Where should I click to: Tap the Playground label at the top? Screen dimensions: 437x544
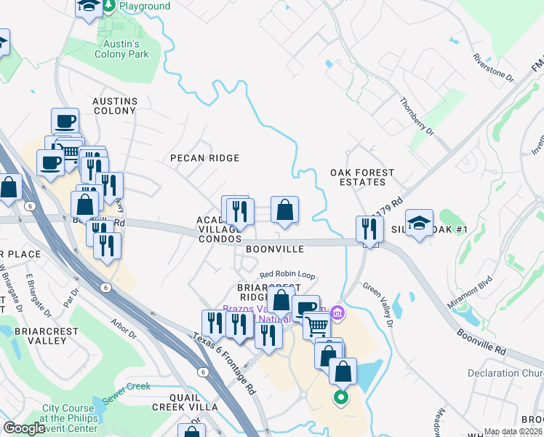point(145,7)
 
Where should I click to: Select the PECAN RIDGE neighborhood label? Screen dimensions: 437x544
point(204,158)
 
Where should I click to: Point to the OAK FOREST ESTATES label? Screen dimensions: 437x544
point(362,177)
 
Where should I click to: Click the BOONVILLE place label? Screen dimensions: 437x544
point(273,249)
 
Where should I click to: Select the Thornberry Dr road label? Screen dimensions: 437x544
point(417,117)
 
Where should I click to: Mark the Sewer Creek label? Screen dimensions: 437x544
point(127,387)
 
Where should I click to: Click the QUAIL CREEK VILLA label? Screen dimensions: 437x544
point(184,402)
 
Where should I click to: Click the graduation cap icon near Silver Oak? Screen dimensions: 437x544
point(420,224)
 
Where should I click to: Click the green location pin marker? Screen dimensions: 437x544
point(340,398)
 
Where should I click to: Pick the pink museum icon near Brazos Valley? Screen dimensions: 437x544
point(337,313)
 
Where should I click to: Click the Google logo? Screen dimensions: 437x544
point(24,429)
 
